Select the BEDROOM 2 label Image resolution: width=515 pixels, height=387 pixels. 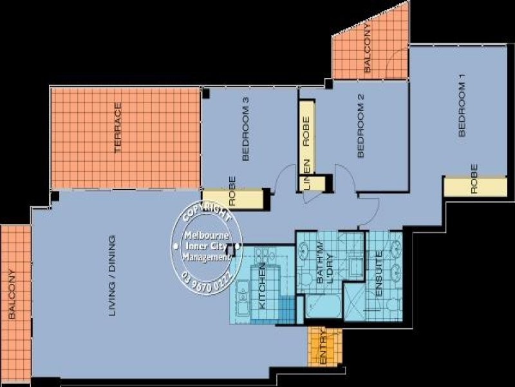(361, 126)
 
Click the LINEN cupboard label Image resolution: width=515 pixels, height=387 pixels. (307, 175)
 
